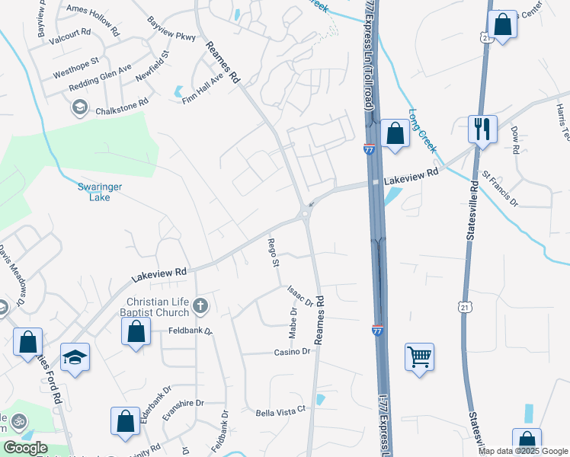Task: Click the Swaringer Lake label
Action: click(94, 191)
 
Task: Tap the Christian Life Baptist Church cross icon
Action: click(200, 307)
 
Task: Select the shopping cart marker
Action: click(419, 356)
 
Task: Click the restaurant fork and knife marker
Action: click(482, 128)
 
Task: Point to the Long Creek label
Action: click(422, 127)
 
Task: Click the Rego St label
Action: click(273, 253)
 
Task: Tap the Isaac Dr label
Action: click(300, 296)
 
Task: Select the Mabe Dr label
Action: click(293, 323)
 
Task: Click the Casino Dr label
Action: click(293, 352)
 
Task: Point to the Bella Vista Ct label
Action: click(280, 410)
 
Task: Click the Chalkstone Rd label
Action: click(121, 110)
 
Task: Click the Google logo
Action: click(26, 448)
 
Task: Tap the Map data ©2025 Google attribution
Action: click(524, 451)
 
